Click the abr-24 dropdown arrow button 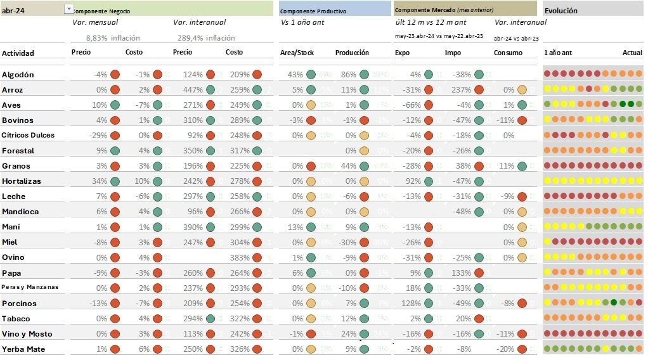[68, 8]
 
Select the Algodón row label [18, 75]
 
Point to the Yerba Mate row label [23, 349]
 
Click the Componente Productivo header [313, 11]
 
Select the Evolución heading [561, 11]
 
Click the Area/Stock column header [295, 53]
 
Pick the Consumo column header [508, 53]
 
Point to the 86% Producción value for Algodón [348, 75]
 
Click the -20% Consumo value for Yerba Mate [505, 349]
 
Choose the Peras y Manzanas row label [30, 287]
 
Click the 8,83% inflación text [113, 38]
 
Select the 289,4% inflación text [206, 38]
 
